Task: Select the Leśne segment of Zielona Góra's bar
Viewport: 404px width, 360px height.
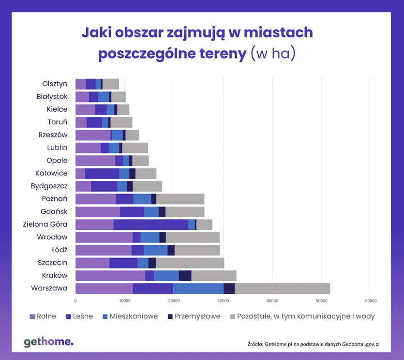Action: (x=151, y=225)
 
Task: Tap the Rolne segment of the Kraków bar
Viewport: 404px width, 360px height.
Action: (x=110, y=276)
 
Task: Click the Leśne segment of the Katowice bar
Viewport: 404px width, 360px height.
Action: (x=102, y=173)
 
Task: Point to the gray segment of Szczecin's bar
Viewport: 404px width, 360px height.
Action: (x=190, y=263)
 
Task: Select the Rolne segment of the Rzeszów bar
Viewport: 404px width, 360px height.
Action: (x=93, y=135)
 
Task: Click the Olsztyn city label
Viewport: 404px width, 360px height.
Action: (x=55, y=84)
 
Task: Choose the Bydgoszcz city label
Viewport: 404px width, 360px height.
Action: (x=49, y=186)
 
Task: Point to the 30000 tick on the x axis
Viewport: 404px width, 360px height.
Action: (x=223, y=301)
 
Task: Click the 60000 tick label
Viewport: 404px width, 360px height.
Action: (x=371, y=301)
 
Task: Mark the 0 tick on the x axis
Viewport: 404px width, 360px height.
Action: (x=75, y=301)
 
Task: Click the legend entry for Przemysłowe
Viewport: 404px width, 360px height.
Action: (x=197, y=316)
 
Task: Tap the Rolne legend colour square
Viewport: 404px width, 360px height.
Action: (x=32, y=316)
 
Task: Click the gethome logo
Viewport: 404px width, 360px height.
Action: (x=49, y=342)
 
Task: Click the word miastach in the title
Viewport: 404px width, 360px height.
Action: (x=277, y=32)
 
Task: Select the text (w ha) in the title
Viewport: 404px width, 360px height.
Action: (x=273, y=54)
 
